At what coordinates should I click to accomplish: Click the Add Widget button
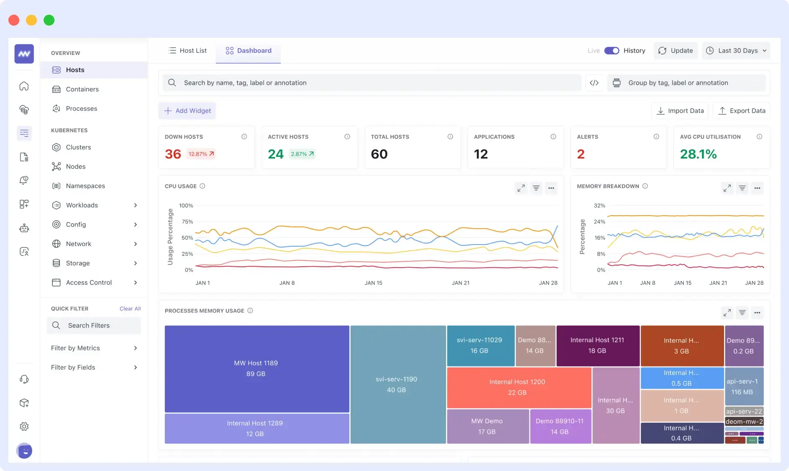[x=187, y=111]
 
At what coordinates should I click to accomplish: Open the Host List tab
[x=187, y=51]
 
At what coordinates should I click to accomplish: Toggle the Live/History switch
[x=612, y=51]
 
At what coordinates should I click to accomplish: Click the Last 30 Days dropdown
[x=736, y=51]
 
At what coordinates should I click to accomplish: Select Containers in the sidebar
[x=82, y=89]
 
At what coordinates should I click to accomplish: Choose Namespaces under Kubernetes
[x=85, y=186]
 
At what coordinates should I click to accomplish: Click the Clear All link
[x=130, y=309]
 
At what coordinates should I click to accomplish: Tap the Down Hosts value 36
[x=173, y=154]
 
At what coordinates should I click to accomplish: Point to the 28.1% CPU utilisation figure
[x=698, y=154]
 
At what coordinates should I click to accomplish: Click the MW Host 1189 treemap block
[x=256, y=368]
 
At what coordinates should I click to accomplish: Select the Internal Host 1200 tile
[x=517, y=387]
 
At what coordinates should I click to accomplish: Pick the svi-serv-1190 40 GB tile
[x=397, y=384]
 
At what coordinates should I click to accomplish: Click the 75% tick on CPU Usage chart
[x=187, y=221]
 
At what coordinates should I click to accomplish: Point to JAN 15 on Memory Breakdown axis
[x=683, y=283]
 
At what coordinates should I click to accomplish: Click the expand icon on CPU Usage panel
[x=521, y=188]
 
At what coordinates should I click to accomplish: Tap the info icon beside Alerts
[x=656, y=137]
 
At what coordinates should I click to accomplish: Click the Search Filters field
[x=94, y=325]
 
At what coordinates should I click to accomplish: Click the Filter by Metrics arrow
[x=135, y=348]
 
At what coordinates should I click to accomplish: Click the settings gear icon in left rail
[x=24, y=427]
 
